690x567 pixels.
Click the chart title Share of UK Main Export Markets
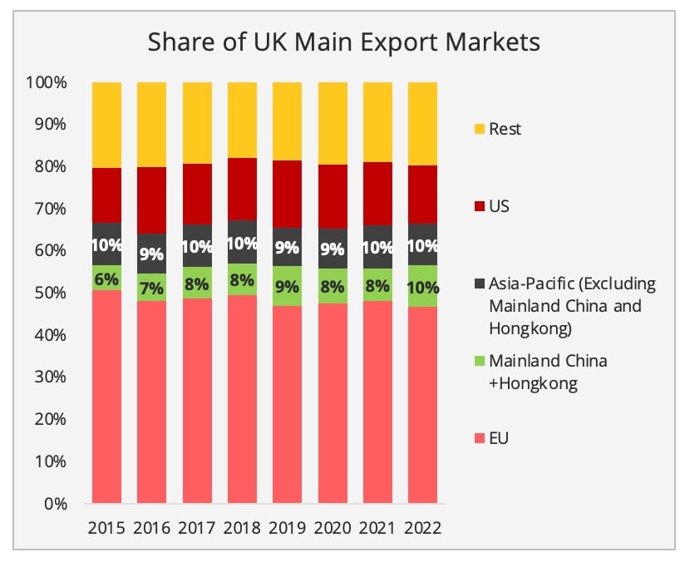click(x=344, y=42)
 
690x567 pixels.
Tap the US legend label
click(x=500, y=205)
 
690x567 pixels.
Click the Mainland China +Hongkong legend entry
click(x=548, y=372)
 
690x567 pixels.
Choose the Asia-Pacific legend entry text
click(x=572, y=305)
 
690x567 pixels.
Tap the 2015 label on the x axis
click(x=106, y=528)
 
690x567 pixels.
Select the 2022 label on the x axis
click(x=421, y=528)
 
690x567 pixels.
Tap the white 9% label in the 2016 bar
click(x=151, y=254)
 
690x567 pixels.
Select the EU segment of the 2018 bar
click(x=242, y=399)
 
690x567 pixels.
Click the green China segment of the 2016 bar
click(x=151, y=288)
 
